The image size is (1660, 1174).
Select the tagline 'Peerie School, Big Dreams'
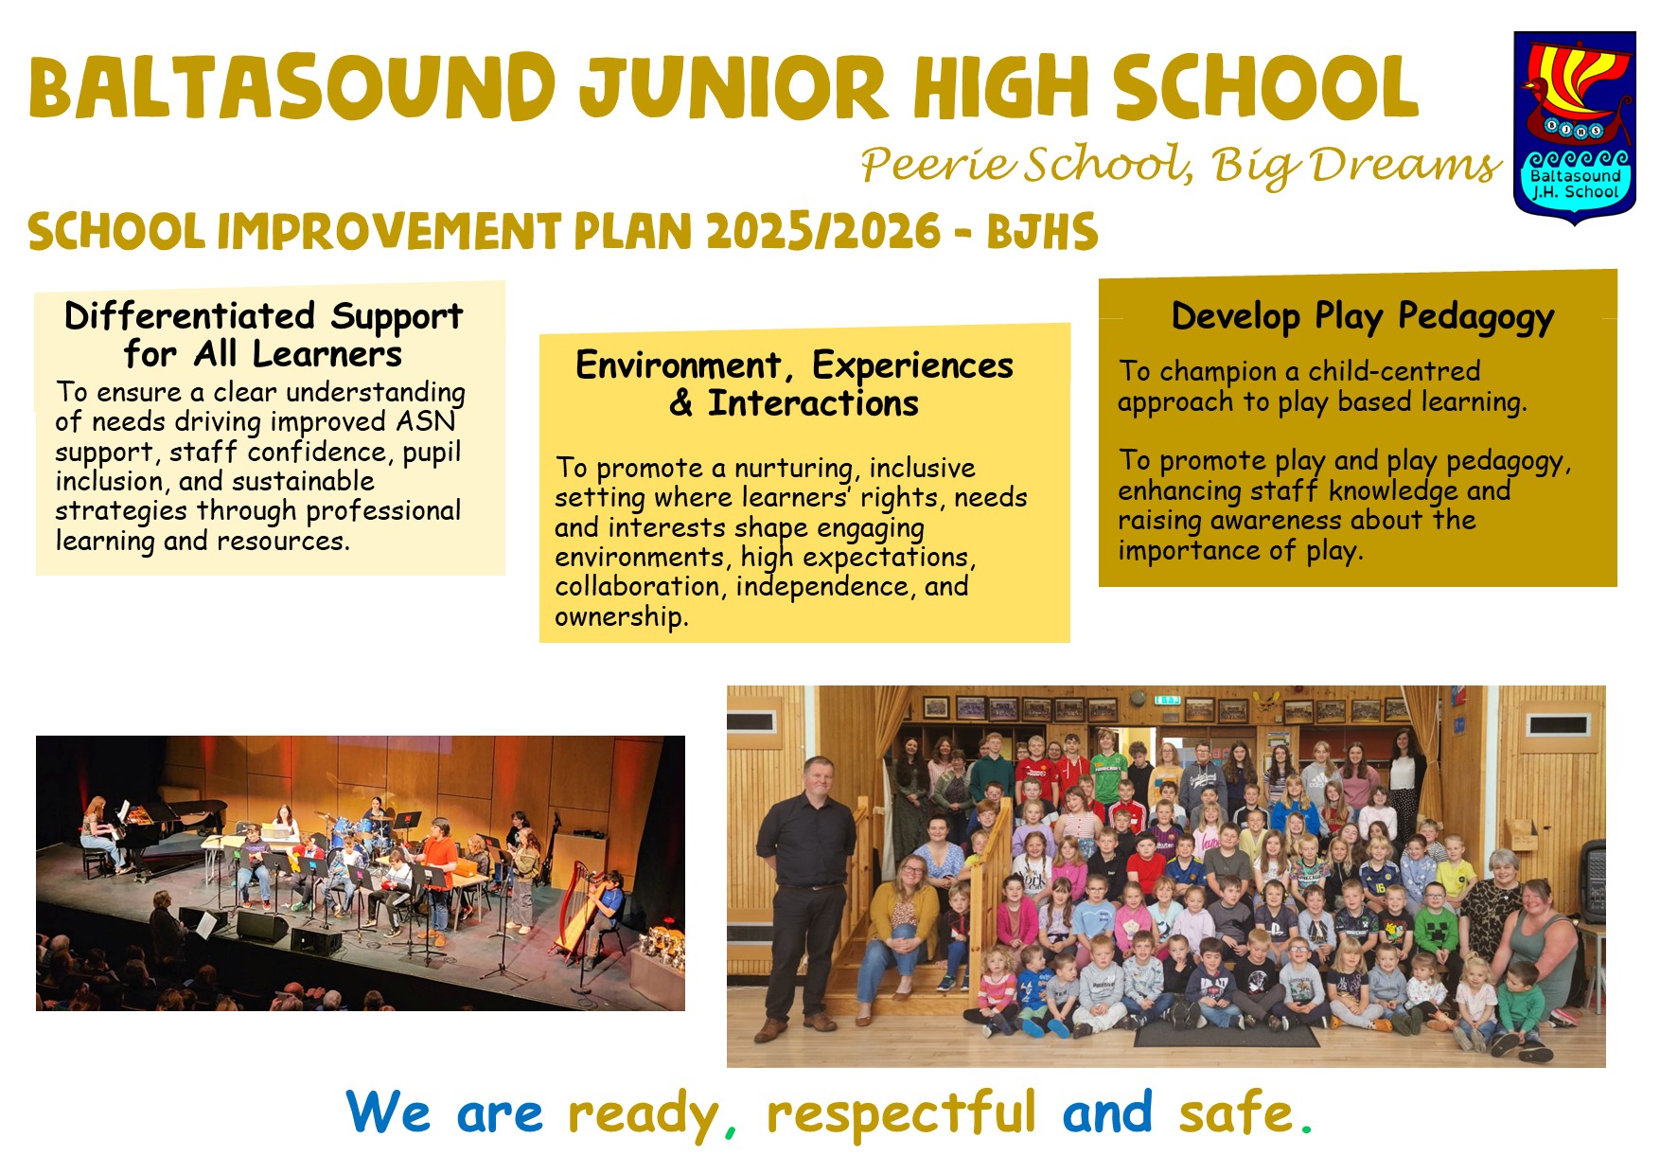(1180, 167)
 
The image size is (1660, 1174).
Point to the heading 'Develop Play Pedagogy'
(1363, 316)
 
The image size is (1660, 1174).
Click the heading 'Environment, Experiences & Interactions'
(794, 384)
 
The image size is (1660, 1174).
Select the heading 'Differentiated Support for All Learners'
(263, 334)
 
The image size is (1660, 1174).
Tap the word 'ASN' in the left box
(426, 421)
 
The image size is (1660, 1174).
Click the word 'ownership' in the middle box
(619, 617)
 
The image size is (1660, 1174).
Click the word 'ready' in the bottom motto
(644, 1115)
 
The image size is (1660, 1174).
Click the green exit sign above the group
(1167, 701)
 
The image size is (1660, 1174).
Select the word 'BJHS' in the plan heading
(1043, 232)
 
